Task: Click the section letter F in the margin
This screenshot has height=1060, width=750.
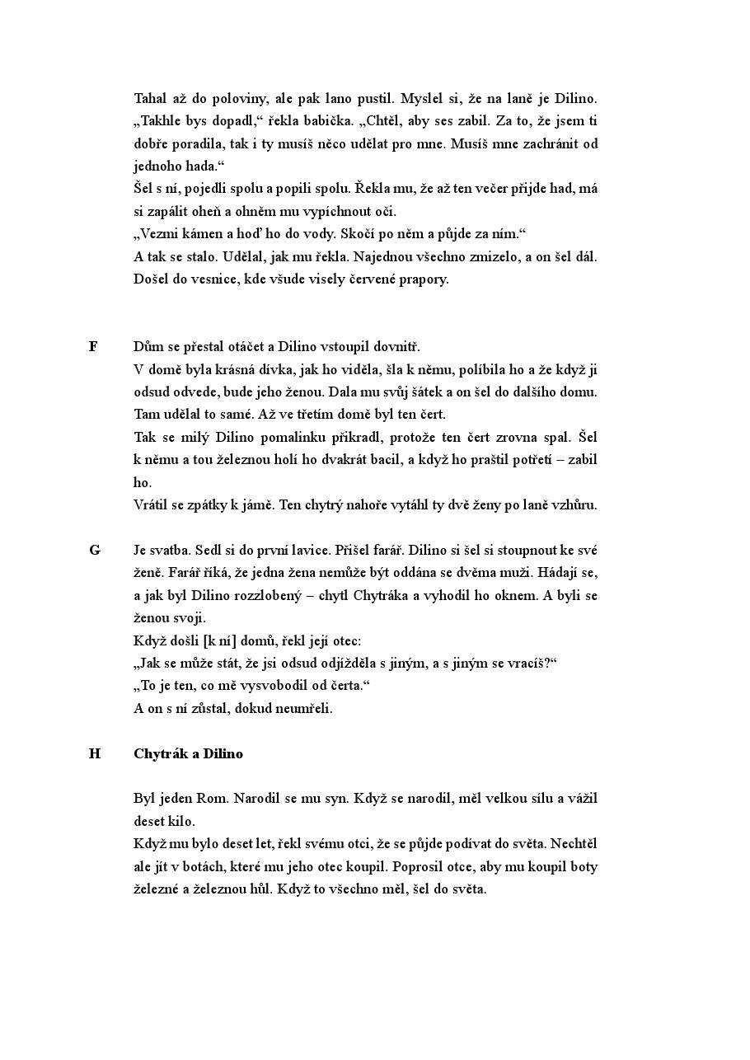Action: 93,346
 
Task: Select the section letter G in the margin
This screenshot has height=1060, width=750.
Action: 94,550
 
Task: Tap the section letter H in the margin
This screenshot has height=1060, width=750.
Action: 94,753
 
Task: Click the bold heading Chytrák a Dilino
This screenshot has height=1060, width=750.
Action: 188,753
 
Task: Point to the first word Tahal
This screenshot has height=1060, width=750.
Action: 150,98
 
